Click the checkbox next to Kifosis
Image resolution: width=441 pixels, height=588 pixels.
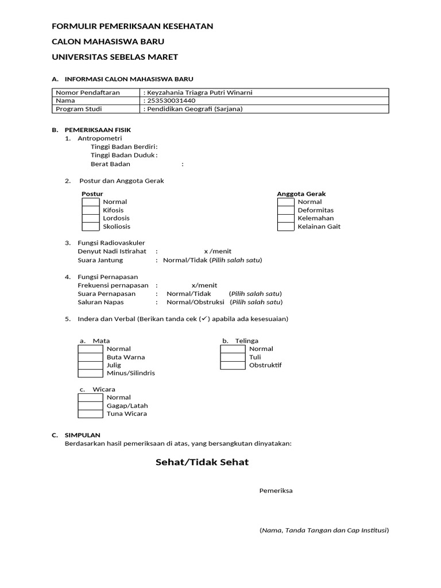point(90,210)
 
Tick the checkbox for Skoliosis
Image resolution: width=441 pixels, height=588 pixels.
point(90,226)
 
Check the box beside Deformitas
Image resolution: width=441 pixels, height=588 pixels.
point(286,210)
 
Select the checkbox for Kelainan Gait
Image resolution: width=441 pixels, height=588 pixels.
point(286,226)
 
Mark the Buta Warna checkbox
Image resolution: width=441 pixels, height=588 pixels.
point(90,357)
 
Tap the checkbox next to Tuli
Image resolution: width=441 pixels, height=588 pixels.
point(233,357)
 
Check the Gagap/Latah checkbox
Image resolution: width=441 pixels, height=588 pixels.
point(90,405)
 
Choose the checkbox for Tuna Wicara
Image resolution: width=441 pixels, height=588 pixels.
point(90,413)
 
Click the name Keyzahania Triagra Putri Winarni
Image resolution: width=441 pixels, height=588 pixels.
point(199,92)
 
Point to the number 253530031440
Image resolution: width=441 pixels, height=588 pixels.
point(175,100)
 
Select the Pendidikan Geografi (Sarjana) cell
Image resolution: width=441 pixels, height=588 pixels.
point(195,109)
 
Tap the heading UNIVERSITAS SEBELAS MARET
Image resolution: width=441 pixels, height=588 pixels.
point(115,57)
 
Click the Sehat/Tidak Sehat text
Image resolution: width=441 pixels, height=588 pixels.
point(202,462)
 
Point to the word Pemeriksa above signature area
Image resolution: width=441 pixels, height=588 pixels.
point(276,490)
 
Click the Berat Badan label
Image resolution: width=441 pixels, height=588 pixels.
point(110,164)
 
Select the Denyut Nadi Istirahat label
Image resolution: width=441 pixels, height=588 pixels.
point(112,251)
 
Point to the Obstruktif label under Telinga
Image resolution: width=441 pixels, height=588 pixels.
point(265,365)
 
